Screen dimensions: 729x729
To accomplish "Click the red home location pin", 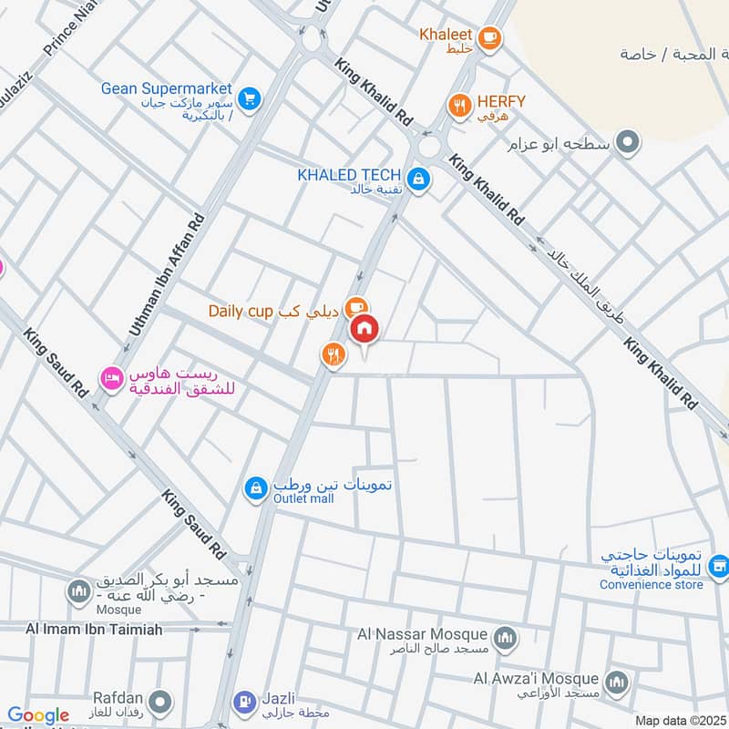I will click(364, 328).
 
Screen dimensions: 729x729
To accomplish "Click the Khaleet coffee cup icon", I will click(489, 36).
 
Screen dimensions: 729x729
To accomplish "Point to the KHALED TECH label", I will click(349, 174).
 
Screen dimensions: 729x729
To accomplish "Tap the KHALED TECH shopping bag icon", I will click(418, 179).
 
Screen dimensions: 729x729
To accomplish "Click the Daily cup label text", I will click(241, 311).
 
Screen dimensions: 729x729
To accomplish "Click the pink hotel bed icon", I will click(111, 375).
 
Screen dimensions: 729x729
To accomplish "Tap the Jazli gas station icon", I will click(242, 702).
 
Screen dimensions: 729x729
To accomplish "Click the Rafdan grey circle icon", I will click(161, 702).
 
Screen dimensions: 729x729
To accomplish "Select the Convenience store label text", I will click(651, 584).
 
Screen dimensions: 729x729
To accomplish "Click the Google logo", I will click(38, 715).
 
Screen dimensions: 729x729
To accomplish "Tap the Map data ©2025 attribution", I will click(678, 721).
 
